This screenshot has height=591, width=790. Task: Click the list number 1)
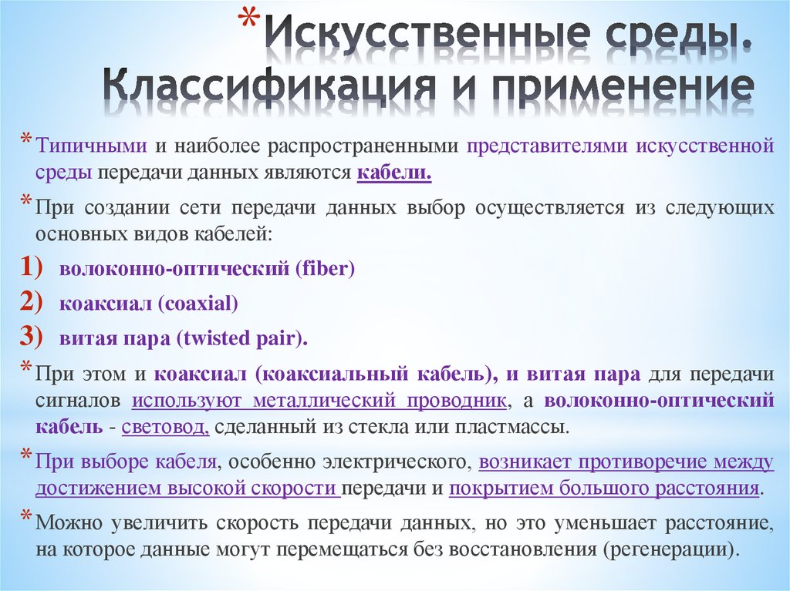tap(35, 268)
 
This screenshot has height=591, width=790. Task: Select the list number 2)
tap(35, 303)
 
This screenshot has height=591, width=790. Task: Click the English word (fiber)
tap(323, 270)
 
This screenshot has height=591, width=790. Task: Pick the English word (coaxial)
tap(198, 304)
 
